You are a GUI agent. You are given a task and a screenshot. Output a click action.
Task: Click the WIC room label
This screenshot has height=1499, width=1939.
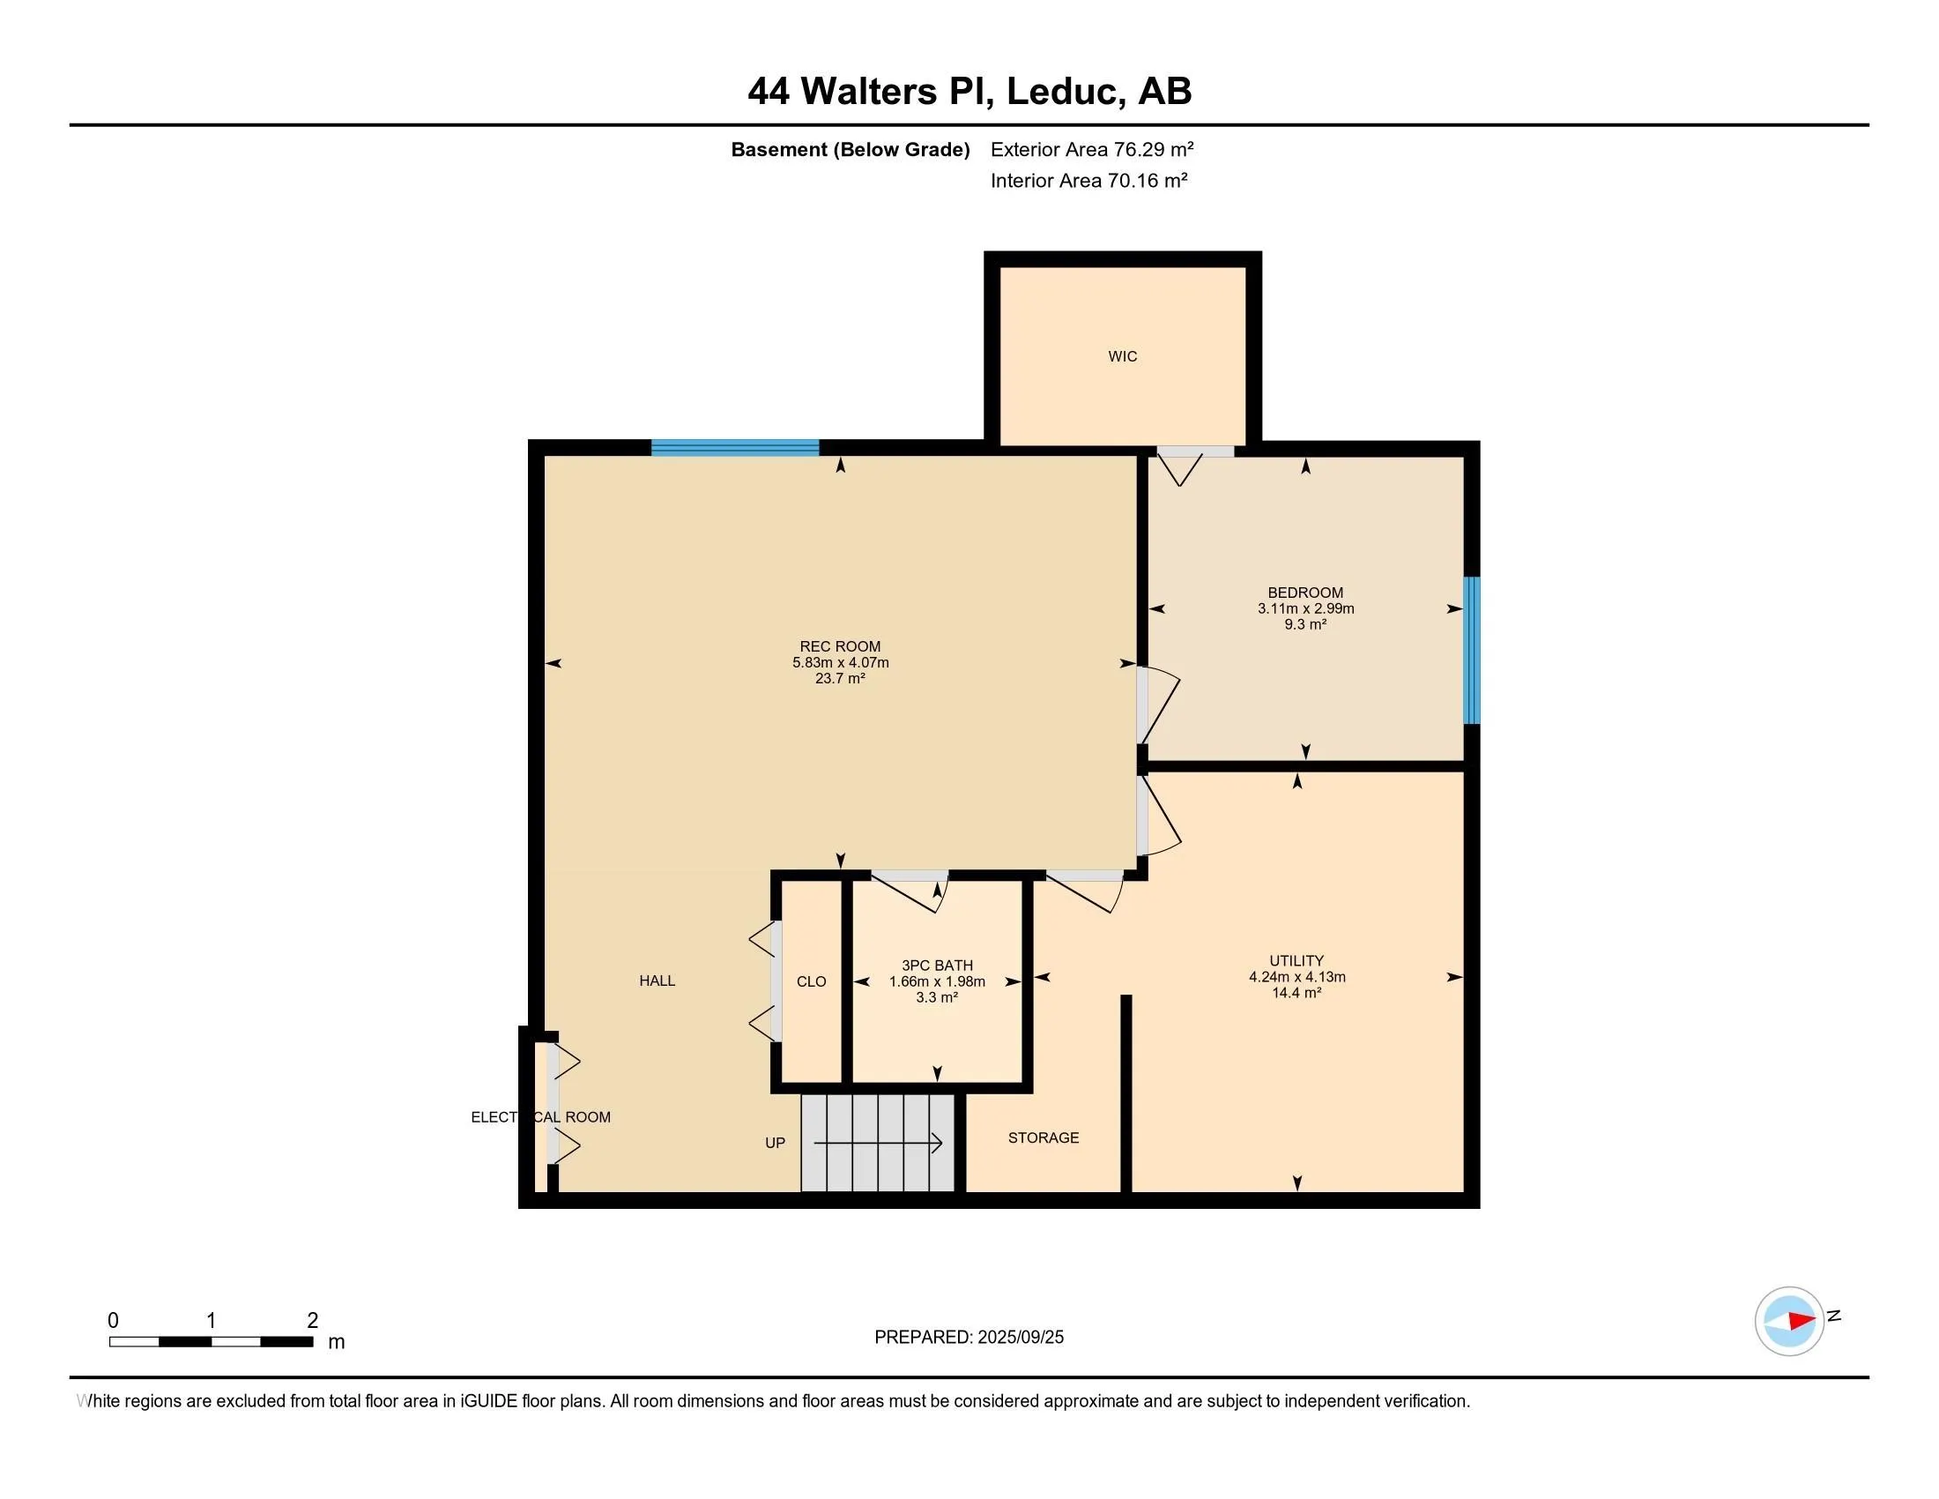coord(1122,356)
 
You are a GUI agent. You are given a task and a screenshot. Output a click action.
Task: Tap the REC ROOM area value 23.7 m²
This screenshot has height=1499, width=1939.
coord(840,678)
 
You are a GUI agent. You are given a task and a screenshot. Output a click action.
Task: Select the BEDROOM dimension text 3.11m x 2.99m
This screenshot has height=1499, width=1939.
coord(1305,609)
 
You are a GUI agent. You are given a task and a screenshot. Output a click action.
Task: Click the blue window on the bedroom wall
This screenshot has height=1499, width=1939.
coord(1471,650)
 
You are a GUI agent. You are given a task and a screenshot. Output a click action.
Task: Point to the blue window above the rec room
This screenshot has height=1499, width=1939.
coord(734,448)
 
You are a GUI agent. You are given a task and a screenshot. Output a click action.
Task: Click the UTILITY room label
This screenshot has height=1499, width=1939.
coord(1296,961)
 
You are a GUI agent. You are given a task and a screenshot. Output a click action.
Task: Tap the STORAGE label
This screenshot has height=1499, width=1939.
coord(1044,1137)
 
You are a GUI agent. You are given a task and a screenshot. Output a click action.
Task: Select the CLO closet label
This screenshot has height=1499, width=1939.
coord(811,981)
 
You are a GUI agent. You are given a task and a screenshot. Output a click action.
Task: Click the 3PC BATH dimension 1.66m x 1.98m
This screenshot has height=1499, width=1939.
coord(937,981)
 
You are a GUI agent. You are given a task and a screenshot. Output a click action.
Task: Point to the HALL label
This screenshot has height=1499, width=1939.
coord(657,981)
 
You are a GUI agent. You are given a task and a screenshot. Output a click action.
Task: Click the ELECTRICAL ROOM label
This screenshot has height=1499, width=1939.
coord(540,1117)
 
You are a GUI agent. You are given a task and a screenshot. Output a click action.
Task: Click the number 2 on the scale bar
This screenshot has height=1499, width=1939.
coord(313,1321)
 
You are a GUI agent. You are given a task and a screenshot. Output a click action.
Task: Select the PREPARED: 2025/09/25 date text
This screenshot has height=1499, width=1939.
coord(969,1338)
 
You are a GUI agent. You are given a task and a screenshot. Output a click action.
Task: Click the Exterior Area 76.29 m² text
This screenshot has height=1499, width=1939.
coord(1091,149)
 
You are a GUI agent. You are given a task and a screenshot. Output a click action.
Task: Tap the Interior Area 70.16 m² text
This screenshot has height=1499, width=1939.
coord(1088,180)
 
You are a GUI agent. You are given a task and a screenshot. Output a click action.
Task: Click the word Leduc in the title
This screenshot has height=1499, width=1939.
coord(1061,92)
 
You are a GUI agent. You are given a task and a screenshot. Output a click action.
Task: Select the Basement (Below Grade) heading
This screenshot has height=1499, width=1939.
coord(850,149)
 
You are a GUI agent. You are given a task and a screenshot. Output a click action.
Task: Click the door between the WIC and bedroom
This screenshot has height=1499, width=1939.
coord(1195,453)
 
